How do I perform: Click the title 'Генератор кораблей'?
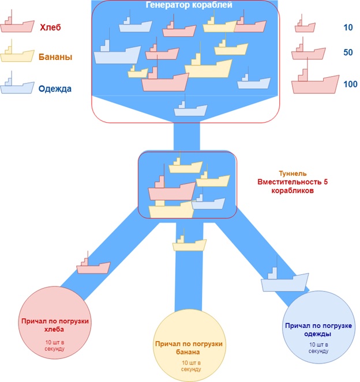click(x=189, y=5)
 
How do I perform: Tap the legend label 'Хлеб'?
click(x=50, y=27)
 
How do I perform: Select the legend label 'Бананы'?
click(x=55, y=57)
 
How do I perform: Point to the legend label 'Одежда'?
click(x=55, y=88)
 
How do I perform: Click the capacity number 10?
click(x=348, y=28)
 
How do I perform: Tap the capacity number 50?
click(x=348, y=52)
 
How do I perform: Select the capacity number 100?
click(x=350, y=84)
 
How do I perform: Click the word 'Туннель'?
click(x=292, y=173)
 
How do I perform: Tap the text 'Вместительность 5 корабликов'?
click(x=292, y=186)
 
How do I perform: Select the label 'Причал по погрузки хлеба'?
click(x=55, y=325)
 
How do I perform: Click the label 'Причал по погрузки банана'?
click(x=189, y=347)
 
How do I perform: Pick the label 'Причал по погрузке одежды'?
click(x=318, y=330)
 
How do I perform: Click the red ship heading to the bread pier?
click(x=93, y=265)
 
